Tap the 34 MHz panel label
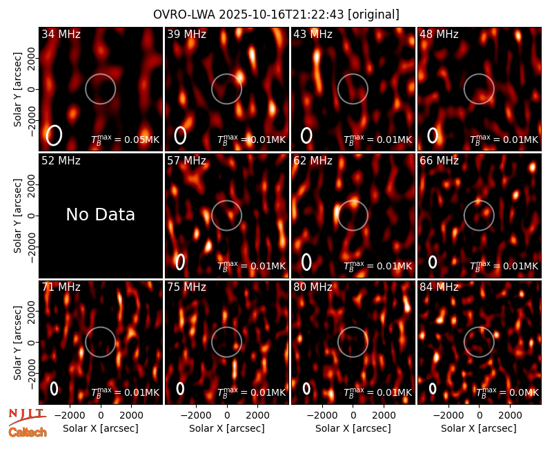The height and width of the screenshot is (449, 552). tap(61, 34)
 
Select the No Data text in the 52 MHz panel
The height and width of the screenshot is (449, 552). tap(100, 214)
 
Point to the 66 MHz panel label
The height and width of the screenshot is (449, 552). tap(439, 161)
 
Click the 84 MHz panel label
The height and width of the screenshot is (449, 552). tap(439, 287)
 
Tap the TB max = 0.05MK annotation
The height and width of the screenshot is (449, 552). tap(126, 140)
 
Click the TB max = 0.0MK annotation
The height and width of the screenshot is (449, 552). tap(507, 392)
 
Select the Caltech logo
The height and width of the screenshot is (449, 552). tap(28, 432)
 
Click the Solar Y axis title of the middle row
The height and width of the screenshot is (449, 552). tap(18, 216)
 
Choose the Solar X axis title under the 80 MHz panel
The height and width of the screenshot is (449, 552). tap(353, 428)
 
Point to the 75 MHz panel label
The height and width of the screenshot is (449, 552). tap(186, 287)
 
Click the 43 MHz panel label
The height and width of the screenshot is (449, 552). tap(313, 34)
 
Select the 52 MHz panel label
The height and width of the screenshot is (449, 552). tap(61, 161)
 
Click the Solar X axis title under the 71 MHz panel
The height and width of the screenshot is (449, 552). tap(101, 428)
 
